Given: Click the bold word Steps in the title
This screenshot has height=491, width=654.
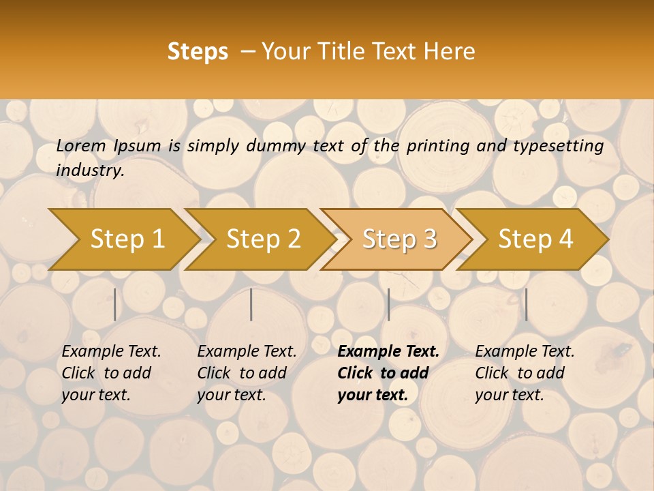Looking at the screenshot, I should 198,52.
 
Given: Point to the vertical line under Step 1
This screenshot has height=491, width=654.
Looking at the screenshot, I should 115,304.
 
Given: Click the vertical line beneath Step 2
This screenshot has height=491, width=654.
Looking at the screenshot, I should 251,304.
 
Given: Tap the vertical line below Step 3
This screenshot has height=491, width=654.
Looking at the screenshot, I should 388,304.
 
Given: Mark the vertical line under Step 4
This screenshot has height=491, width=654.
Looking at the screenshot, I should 526,304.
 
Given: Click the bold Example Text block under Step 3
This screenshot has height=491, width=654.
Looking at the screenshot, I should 388,373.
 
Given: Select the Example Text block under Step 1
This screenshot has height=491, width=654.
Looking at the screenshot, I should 111,373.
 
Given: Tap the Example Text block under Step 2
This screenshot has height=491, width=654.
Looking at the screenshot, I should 247,373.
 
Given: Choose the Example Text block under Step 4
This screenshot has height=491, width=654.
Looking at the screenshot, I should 525,373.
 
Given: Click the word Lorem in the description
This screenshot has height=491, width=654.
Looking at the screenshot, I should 80,146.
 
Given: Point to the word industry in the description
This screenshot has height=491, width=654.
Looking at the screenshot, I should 90,170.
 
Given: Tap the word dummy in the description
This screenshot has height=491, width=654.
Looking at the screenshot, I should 276,146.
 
